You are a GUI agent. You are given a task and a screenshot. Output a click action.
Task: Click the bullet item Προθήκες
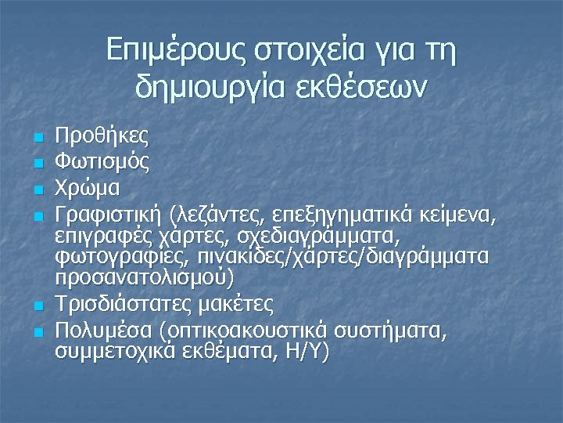pyautogui.click(x=102, y=136)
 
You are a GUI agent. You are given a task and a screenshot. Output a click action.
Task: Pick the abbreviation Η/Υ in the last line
pyautogui.click(x=309, y=352)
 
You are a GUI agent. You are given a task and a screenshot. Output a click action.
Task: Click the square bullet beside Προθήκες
pyautogui.click(x=37, y=139)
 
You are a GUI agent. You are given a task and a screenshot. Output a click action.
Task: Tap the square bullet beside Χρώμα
pyautogui.click(x=37, y=190)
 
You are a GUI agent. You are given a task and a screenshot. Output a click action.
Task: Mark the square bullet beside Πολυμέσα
pyautogui.click(x=37, y=333)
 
